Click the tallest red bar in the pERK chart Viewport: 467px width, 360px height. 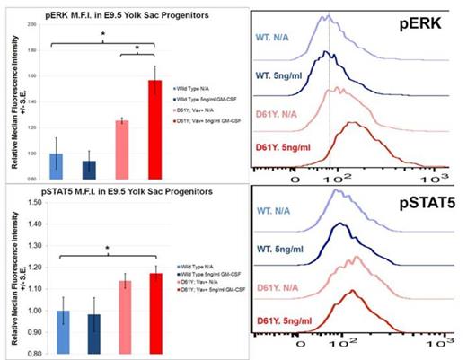pyautogui.click(x=154, y=125)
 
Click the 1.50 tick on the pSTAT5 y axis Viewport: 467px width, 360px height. pyautogui.click(x=34, y=203)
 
